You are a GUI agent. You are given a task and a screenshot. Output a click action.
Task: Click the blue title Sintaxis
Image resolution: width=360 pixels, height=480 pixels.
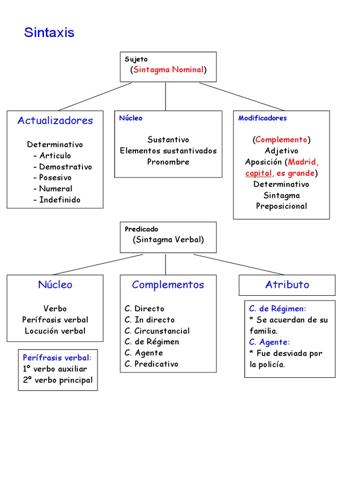(x=49, y=33)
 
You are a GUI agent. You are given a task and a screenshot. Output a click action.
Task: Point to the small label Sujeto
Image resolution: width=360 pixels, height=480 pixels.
(x=136, y=60)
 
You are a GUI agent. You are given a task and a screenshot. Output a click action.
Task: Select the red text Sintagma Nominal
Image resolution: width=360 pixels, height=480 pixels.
(x=168, y=70)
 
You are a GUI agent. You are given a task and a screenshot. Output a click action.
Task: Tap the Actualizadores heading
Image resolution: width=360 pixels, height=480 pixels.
(x=55, y=120)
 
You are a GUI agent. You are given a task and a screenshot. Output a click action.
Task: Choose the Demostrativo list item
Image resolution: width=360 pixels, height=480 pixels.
(x=65, y=167)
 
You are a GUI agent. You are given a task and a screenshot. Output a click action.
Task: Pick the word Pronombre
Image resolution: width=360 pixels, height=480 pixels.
(x=168, y=162)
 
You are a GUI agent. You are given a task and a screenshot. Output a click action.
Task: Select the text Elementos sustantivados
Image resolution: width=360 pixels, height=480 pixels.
(x=168, y=151)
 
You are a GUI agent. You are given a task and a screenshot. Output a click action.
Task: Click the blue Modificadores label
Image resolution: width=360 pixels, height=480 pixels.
(x=262, y=118)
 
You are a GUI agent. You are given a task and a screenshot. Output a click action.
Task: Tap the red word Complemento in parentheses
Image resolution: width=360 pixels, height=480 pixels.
(x=281, y=140)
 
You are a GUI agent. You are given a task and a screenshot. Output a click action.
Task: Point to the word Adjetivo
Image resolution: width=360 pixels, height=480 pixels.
(x=281, y=151)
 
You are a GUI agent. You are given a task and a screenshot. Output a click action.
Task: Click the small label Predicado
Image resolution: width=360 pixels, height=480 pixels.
(x=142, y=229)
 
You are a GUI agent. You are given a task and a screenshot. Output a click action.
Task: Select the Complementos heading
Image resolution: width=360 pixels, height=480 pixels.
(x=168, y=285)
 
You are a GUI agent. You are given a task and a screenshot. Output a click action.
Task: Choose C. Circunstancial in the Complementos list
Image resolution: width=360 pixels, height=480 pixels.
(x=157, y=331)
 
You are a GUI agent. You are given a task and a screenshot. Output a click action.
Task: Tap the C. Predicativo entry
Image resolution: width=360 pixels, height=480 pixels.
(x=151, y=364)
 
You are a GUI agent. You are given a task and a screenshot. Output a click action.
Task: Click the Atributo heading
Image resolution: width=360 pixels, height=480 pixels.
(x=287, y=285)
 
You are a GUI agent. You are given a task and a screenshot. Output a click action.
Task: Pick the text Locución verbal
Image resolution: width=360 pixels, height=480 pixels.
(x=55, y=331)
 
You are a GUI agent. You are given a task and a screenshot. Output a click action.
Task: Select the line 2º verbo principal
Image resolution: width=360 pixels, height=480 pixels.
(x=58, y=380)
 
